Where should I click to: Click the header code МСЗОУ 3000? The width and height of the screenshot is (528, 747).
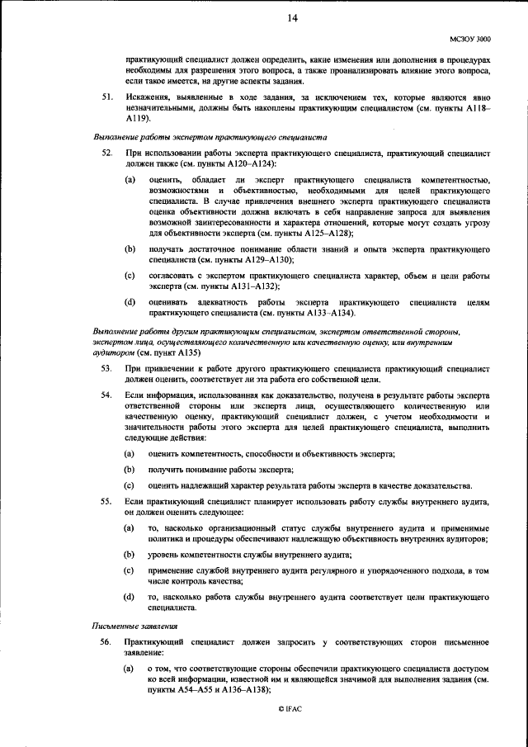pos(469,39)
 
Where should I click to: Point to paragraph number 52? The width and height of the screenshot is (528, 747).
pos(107,154)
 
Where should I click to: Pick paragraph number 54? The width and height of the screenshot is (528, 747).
pos(107,396)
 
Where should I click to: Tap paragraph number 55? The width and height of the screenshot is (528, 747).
pos(107,502)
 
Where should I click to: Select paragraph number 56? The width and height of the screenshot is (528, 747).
pos(107,641)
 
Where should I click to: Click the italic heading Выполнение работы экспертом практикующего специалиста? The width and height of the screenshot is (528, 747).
pos(210,137)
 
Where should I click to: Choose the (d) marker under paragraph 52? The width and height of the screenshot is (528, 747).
pos(130,302)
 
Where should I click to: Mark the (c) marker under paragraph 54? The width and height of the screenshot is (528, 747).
pos(130,485)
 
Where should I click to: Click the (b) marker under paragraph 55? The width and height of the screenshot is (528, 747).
pos(130,554)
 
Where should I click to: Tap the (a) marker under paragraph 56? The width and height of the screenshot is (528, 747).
pos(130,665)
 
